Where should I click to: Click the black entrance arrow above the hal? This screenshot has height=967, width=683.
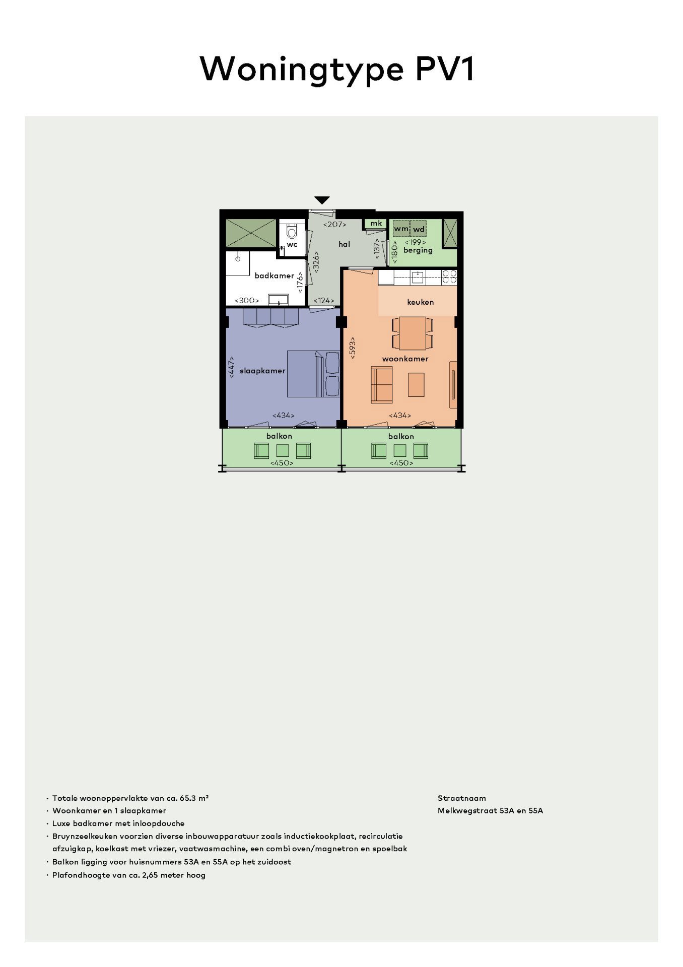pos(322,200)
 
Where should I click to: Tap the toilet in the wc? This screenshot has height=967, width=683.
pos(292,232)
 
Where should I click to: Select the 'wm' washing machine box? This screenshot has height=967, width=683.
pos(401,229)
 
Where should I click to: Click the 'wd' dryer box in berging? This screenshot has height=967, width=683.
pos(419,229)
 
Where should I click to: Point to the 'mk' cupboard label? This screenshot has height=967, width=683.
pos(376,223)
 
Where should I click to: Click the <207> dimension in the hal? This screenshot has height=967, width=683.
pos(334,224)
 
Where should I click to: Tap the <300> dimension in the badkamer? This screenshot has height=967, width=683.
pos(247,300)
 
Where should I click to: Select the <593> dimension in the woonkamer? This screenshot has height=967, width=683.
pos(353,348)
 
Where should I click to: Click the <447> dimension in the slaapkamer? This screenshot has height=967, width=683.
pos(231,367)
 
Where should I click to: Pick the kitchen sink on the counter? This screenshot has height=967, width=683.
pos(418,277)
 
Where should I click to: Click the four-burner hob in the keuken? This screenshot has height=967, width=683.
pos(449,277)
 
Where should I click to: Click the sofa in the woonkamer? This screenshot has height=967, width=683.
pos(382,385)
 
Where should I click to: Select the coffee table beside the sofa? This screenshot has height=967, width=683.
pos(416,384)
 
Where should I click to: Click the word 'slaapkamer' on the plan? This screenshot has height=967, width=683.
pos(262,371)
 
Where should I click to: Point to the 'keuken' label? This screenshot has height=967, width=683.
pos(420,302)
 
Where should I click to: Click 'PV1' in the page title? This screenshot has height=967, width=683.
pos(445,69)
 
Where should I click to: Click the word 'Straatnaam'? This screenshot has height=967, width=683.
pos(461,798)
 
